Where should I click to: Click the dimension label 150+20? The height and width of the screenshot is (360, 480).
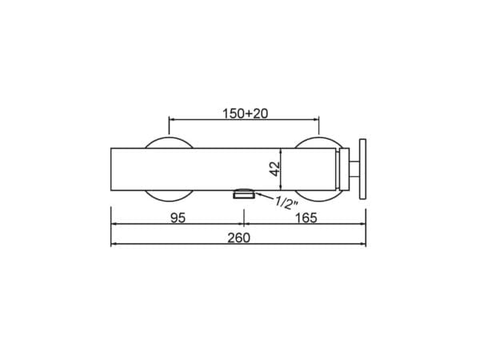click(245, 114)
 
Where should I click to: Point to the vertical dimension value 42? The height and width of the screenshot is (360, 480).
click(274, 169)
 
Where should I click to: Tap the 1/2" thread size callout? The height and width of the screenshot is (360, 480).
click(286, 202)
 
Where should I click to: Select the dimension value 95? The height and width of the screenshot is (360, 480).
click(178, 218)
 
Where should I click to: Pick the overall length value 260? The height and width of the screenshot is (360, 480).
click(238, 238)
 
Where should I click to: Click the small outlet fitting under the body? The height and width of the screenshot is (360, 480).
click(242, 193)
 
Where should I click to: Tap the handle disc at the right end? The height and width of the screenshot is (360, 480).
click(363, 169)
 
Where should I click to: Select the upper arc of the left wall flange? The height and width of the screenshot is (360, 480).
click(169, 142)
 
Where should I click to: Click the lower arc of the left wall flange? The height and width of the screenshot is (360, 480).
click(169, 197)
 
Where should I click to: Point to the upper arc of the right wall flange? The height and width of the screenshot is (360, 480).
click(318, 142)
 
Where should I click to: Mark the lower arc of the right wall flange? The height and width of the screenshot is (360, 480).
click(318, 197)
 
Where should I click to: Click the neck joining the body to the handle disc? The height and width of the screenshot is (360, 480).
click(350, 169)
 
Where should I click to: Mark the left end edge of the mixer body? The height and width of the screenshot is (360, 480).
click(111, 169)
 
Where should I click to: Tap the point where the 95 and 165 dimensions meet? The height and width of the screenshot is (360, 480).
click(242, 225)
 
